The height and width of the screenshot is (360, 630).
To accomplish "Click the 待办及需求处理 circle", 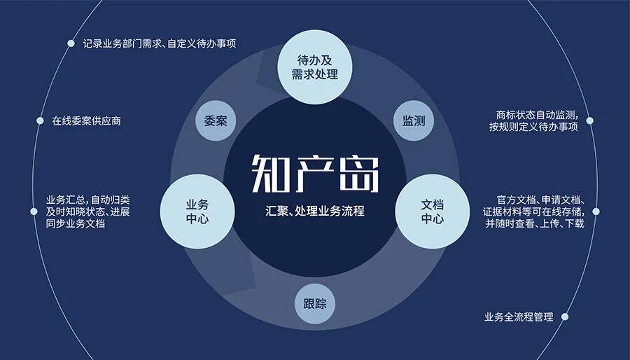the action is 315,67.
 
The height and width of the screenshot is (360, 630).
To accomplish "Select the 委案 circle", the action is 216,120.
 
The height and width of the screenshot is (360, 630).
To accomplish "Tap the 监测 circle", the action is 414,120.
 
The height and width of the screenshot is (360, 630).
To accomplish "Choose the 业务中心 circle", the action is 197,212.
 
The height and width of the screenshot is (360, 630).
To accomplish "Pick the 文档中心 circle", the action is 433,212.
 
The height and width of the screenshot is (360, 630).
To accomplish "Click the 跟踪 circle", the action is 315,304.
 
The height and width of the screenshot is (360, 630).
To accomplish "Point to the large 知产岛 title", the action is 315,174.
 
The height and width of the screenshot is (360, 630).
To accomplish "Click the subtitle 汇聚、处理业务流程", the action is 315,211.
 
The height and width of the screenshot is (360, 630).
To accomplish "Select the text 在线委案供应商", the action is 86,121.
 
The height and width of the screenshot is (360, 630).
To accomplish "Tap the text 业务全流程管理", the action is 519,317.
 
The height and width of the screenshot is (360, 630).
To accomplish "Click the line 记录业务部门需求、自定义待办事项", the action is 160,43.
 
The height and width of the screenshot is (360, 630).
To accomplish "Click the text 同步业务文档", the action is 76,223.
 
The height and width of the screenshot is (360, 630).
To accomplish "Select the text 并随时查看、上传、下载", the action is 534,223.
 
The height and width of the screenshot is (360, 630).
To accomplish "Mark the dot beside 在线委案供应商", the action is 40,120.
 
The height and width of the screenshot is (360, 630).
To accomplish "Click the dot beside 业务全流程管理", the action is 565,317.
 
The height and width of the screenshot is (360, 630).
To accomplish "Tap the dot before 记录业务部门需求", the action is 71,43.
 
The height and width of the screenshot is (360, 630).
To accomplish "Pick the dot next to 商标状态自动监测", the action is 590,120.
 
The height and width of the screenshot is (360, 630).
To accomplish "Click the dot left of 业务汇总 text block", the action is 34,212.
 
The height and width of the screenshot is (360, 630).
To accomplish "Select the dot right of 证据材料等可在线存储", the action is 596,212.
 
